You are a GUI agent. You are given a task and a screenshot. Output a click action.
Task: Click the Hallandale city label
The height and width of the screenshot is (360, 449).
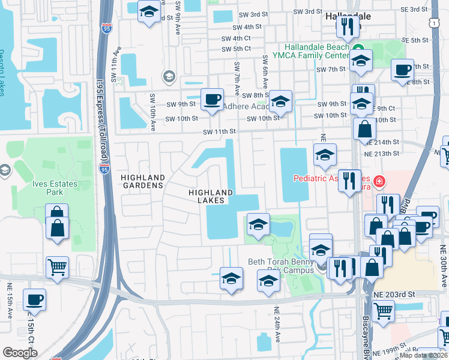coord(348,16)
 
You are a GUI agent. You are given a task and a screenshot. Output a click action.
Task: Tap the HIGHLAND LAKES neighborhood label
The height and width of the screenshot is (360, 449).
coord(210,196)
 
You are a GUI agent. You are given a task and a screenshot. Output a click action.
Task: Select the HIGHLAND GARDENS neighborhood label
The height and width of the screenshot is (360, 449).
coord(142,182)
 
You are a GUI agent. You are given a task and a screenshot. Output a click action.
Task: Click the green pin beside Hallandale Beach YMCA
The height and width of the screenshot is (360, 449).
coord(358,48)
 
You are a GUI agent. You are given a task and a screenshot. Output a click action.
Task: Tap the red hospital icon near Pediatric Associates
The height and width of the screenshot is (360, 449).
coord(379,180)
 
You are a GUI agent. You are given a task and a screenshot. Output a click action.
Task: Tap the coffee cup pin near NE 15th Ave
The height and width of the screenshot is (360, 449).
coord(35,299)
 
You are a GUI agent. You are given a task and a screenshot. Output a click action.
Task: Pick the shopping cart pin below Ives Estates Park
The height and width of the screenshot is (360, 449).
coord(57,266)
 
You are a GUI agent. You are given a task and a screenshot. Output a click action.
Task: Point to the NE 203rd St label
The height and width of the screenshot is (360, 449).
coord(394,295)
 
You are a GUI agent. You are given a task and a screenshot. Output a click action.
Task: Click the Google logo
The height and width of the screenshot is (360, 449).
coord(20,353)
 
